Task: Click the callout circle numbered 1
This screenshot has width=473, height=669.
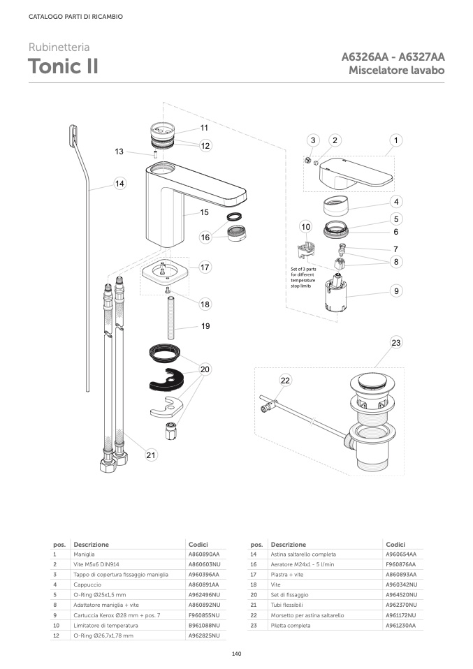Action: point(396,140)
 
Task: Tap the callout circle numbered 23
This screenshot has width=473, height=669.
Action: point(396,343)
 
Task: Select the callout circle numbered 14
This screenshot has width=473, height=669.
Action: point(120,184)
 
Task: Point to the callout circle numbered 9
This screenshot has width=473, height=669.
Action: point(396,291)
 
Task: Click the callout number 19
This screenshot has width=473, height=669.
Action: point(205,326)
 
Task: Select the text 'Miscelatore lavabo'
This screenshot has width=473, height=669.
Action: point(397,71)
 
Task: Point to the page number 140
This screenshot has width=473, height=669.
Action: point(236,654)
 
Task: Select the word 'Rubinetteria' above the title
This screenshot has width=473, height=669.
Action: point(59,48)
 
